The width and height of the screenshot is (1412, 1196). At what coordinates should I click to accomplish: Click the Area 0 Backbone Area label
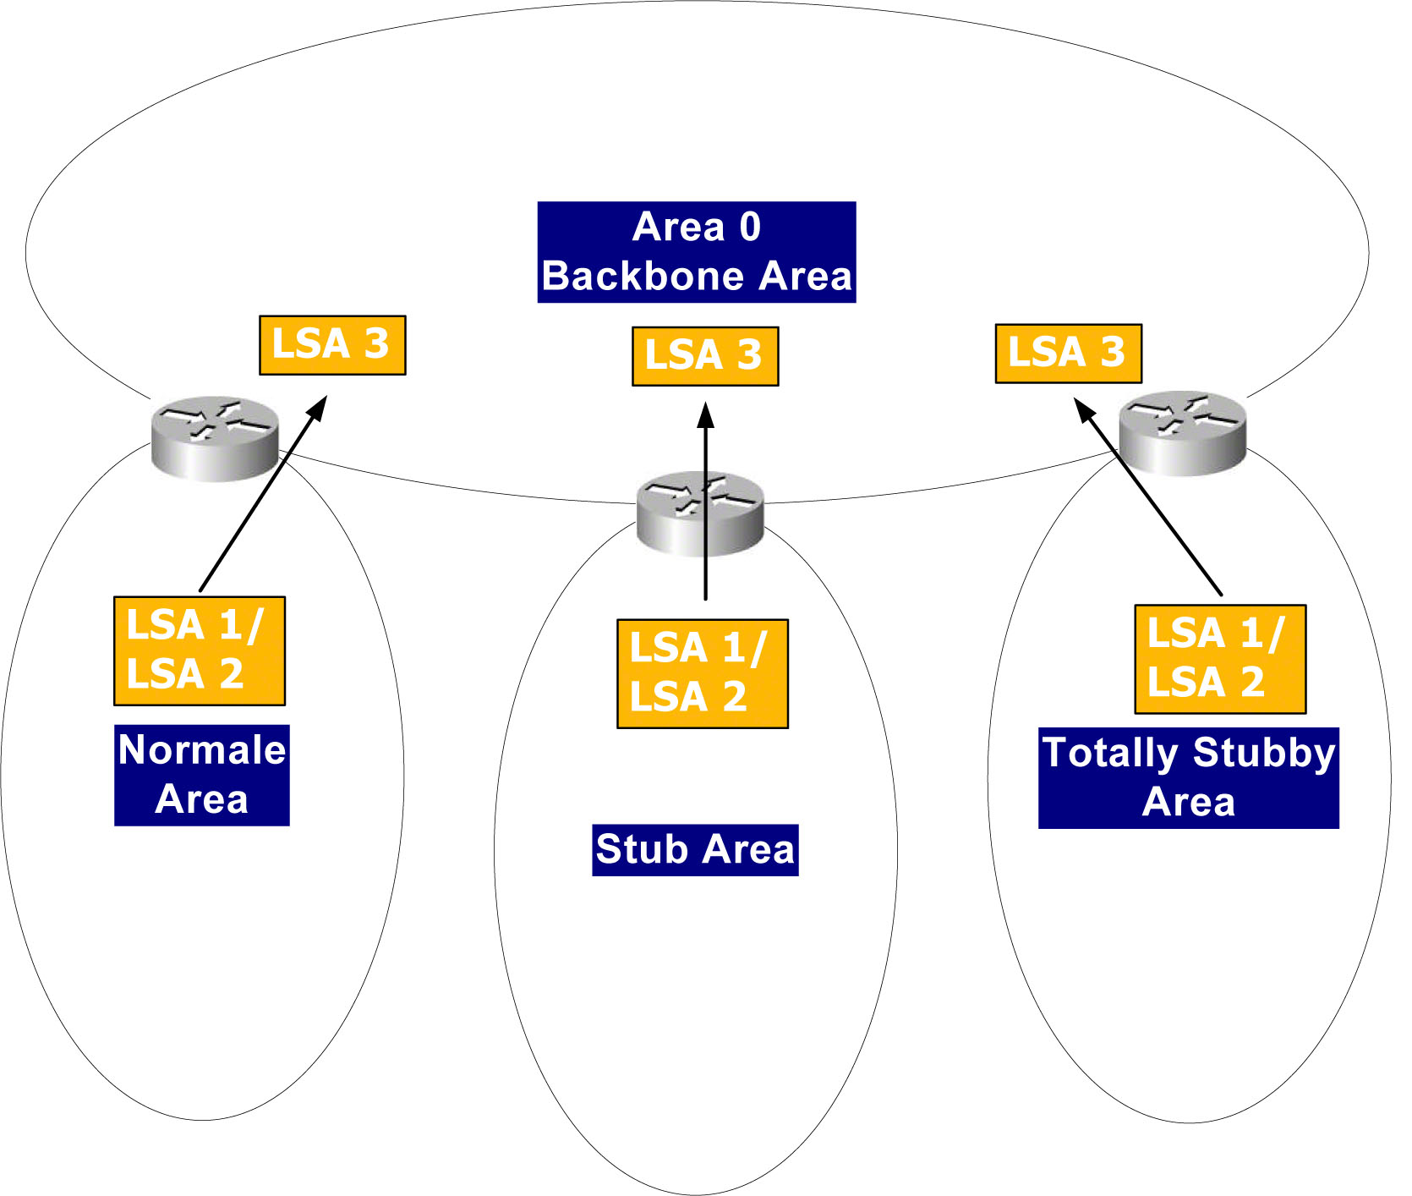697,252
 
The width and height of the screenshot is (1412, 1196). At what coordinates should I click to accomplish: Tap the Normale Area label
202,775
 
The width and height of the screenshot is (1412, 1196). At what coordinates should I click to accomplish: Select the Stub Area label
695,849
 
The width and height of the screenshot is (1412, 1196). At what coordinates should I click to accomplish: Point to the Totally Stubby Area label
1188,777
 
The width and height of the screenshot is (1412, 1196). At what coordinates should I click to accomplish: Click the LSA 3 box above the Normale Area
332,345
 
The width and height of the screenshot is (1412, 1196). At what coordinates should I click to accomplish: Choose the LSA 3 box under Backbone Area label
705,356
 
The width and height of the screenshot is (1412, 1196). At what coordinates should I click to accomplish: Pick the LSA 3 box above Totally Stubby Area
1068,354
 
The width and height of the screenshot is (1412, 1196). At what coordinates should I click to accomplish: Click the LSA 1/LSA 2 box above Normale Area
200,650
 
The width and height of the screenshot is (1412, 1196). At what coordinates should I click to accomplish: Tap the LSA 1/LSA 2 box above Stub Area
702,673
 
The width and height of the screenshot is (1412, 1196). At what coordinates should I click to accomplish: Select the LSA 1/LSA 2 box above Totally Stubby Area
1220,659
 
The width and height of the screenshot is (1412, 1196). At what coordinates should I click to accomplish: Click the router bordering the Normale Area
215,437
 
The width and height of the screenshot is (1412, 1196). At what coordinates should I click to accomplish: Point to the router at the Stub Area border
699,513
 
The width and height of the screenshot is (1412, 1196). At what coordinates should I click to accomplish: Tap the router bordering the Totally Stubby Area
1182,432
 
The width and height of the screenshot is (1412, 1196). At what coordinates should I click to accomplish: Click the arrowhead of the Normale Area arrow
318,408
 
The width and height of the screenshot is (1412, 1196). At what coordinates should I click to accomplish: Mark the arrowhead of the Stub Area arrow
706,414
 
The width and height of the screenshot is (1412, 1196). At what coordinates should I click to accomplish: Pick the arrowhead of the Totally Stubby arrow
1084,410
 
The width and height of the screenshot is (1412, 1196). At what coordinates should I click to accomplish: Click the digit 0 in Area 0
750,227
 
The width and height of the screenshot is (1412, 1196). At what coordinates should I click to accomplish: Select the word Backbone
643,277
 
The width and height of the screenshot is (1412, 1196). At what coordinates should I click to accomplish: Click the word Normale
202,750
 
